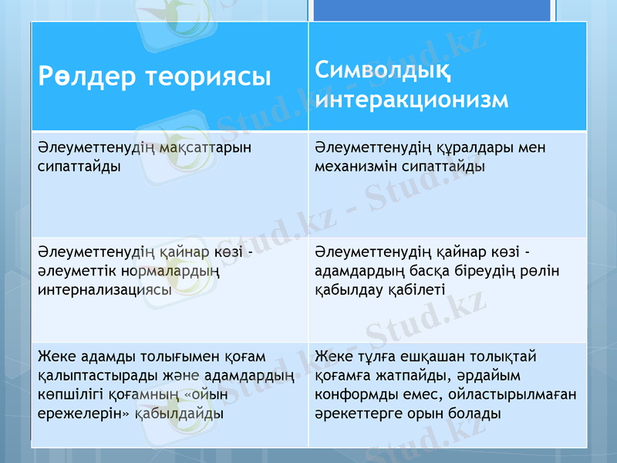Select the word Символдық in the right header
(x=383, y=72)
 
